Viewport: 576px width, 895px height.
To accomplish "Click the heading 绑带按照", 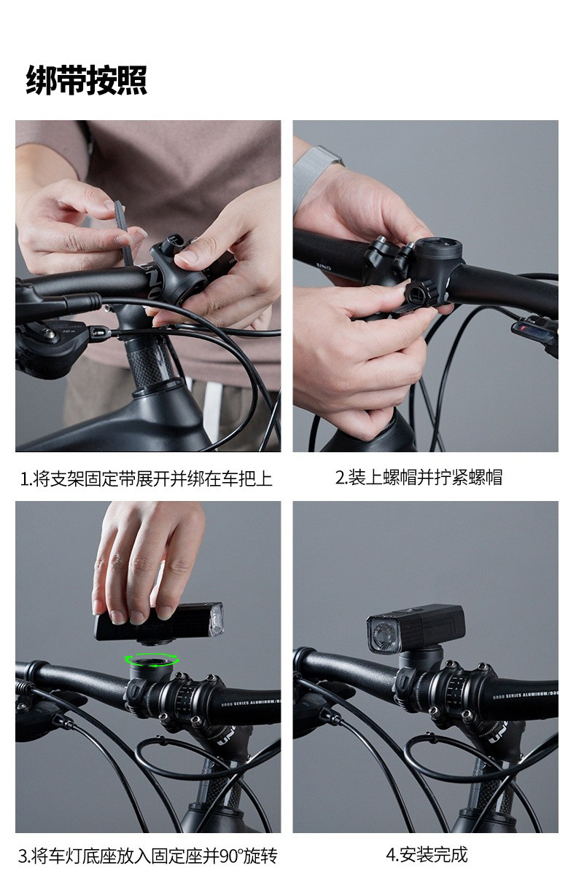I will coord(86,79).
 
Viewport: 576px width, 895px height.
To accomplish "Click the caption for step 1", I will coord(146,478).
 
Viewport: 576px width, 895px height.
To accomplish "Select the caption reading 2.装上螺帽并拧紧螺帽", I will coord(419,477).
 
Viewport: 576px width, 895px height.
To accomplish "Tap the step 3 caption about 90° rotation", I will coord(147,856).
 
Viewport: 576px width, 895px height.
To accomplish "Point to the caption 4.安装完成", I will coord(426,854).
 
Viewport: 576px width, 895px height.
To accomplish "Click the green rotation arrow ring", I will coord(152,661).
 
